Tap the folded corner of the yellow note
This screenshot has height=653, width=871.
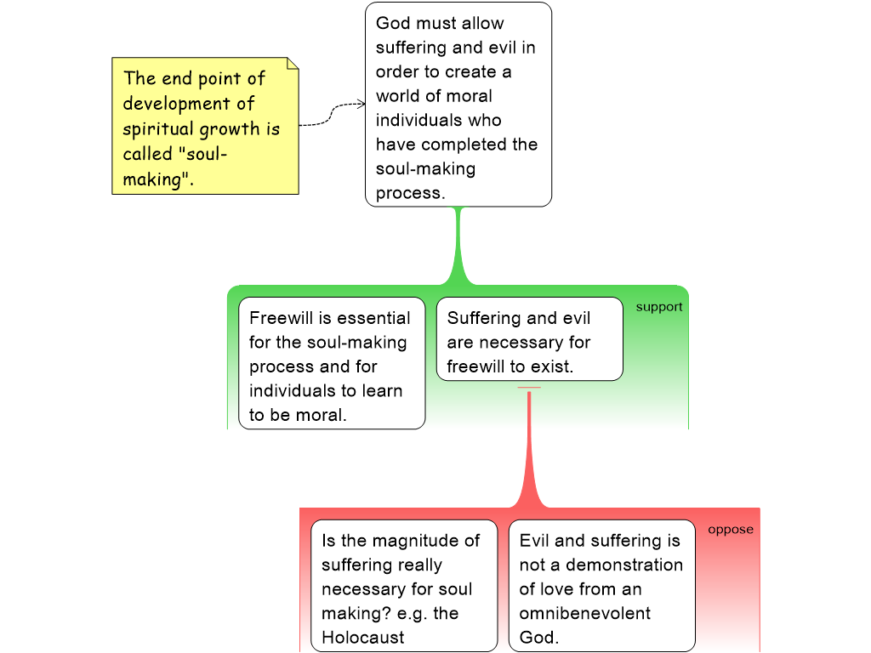(x=293, y=64)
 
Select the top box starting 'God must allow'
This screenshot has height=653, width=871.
(x=458, y=105)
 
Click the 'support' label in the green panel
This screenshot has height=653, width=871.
(x=659, y=307)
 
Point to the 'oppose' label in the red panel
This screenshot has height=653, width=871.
(x=731, y=530)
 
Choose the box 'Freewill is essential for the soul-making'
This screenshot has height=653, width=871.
(x=331, y=363)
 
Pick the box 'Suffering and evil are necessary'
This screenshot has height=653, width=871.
(x=529, y=338)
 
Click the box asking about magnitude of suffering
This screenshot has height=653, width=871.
(x=404, y=586)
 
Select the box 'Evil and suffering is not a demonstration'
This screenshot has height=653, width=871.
(x=601, y=586)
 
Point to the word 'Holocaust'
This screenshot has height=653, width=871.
(x=363, y=638)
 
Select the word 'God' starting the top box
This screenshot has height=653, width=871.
(x=393, y=23)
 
